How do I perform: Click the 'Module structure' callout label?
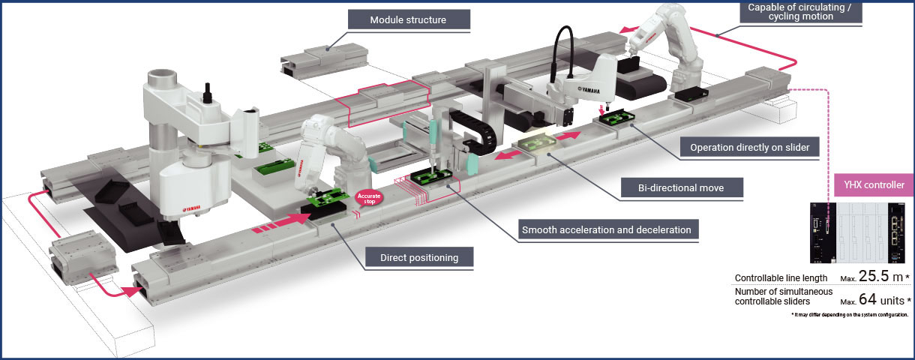click(x=408, y=19)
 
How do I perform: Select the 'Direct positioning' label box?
click(x=420, y=258)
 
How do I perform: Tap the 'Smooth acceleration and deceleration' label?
click(x=606, y=229)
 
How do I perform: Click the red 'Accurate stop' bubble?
click(x=370, y=199)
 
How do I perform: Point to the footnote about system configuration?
click(x=850, y=315)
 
